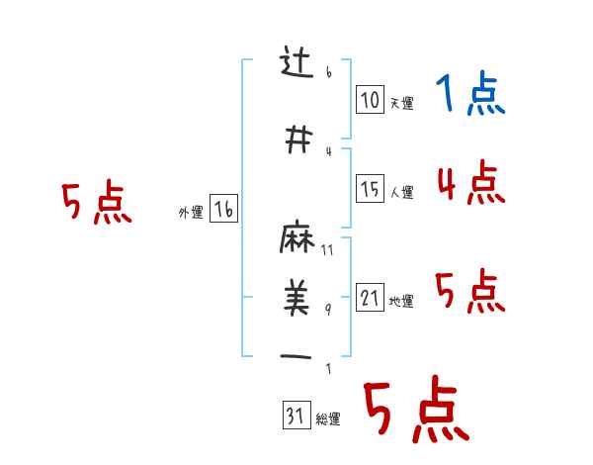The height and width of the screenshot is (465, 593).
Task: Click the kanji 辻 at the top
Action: point(297,64)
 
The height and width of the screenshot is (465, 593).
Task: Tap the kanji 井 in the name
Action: point(297,140)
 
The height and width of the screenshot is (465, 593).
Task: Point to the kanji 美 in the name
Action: point(297,295)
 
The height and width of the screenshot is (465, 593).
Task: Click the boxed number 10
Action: point(370,100)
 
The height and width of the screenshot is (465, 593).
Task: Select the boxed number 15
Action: point(370,189)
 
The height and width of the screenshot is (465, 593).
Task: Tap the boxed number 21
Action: point(370,298)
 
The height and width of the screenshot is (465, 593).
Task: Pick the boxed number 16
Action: point(223,209)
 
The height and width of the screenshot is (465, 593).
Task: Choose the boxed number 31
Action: point(295,417)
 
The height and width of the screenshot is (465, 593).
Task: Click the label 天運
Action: point(401,104)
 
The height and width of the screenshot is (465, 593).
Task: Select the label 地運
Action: point(401,302)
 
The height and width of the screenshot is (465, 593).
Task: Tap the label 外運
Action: point(191,213)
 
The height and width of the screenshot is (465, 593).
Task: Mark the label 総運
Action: point(328,419)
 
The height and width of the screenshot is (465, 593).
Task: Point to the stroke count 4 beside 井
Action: point(329,150)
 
